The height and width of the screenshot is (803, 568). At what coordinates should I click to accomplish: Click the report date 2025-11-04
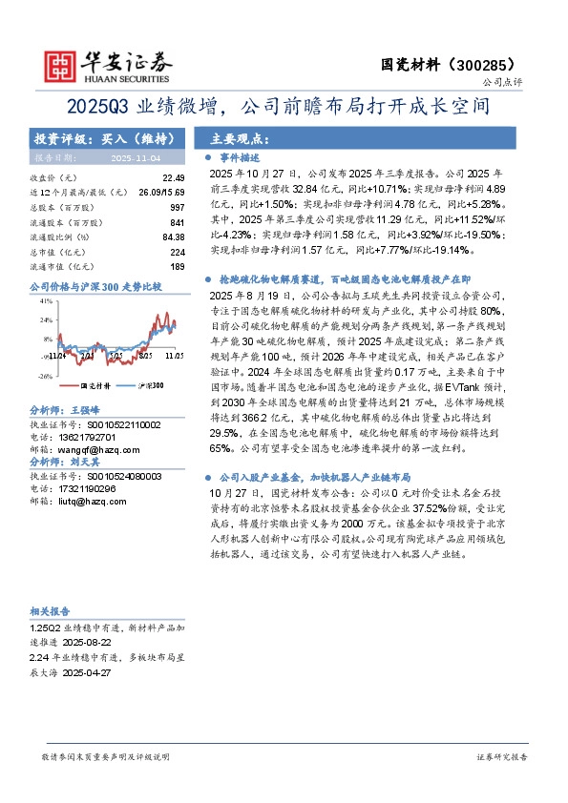(x=137, y=156)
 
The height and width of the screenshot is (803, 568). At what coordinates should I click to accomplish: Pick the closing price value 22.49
(x=173, y=177)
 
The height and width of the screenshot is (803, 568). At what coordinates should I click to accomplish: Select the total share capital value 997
(x=177, y=206)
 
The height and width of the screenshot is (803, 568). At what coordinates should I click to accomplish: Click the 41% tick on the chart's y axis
(x=46, y=299)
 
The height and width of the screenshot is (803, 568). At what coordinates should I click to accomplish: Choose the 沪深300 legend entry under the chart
(x=146, y=385)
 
